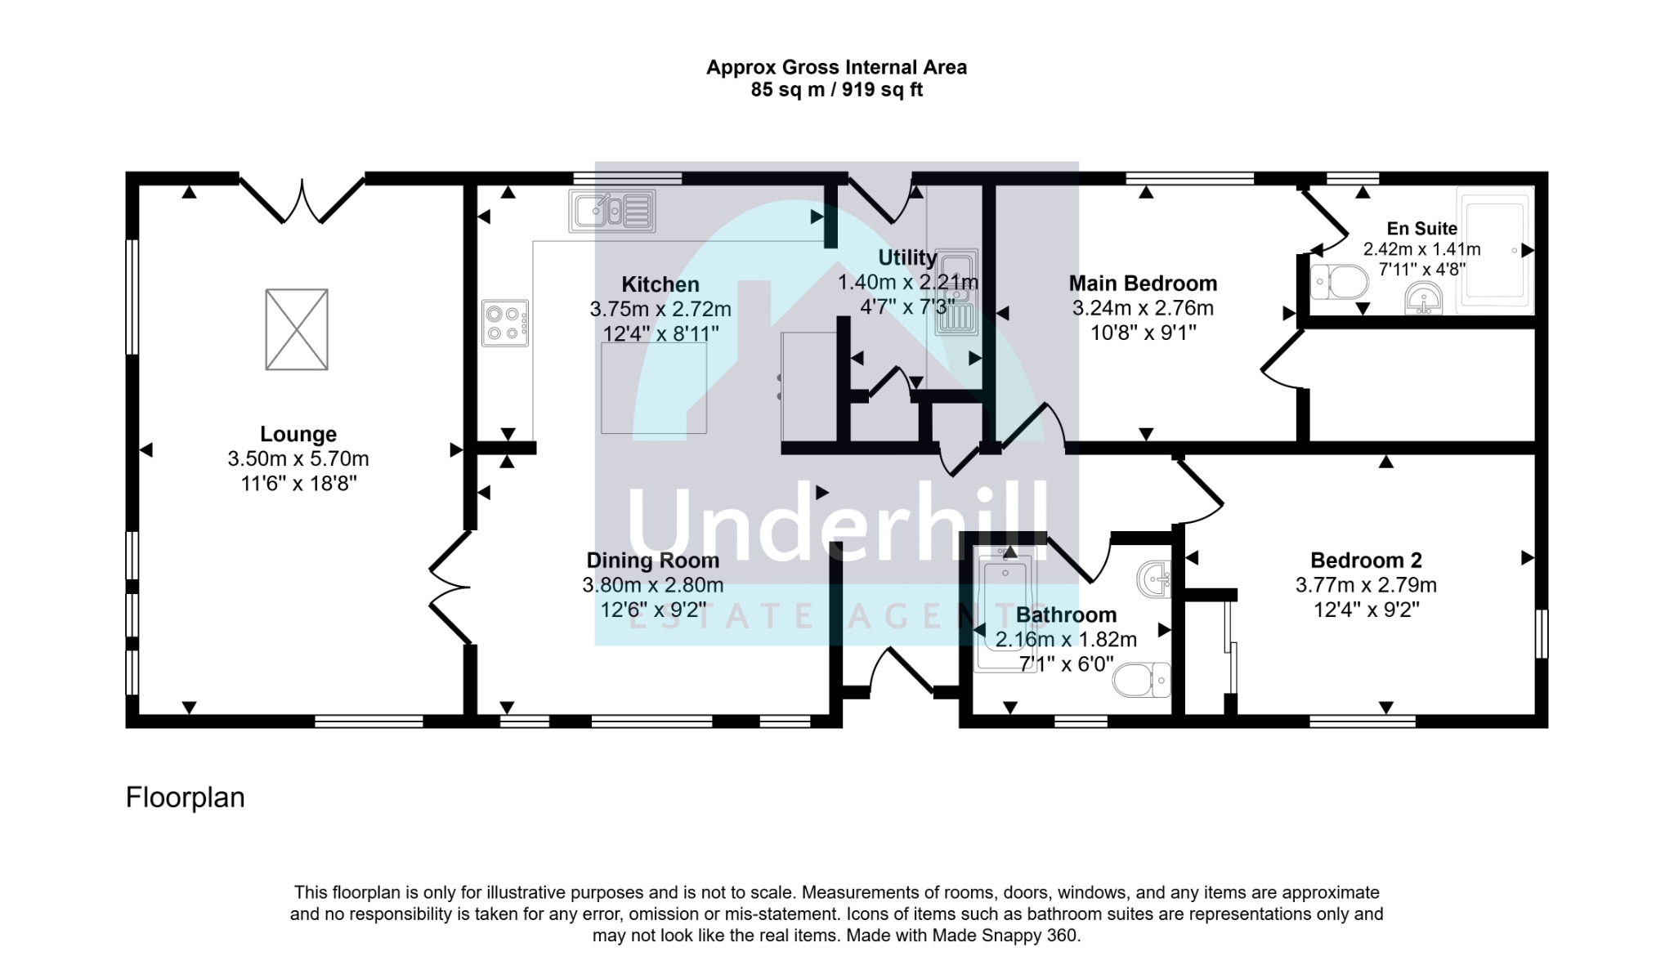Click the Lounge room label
pyautogui.click(x=298, y=434)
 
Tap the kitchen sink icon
pyautogui.click(x=613, y=211)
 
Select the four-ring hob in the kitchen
pyautogui.click(x=505, y=324)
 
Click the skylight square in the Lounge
pyautogui.click(x=297, y=329)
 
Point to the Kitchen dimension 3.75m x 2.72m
pyautogui.click(x=660, y=310)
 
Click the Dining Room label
pyautogui.click(x=653, y=561)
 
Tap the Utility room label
pyautogui.click(x=907, y=257)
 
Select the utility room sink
pyautogui.click(x=957, y=293)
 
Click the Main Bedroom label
pyautogui.click(x=1143, y=284)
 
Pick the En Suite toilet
pyautogui.click(x=1339, y=283)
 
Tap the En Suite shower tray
pyautogui.click(x=1495, y=249)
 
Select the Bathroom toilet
pyautogui.click(x=1142, y=680)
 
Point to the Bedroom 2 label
pyautogui.click(x=1366, y=561)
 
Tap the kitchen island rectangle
pyautogui.click(x=654, y=388)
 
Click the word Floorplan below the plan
pyautogui.click(x=186, y=798)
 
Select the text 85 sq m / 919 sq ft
pyautogui.click(x=837, y=90)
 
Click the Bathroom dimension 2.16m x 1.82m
pyautogui.click(x=1066, y=640)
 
